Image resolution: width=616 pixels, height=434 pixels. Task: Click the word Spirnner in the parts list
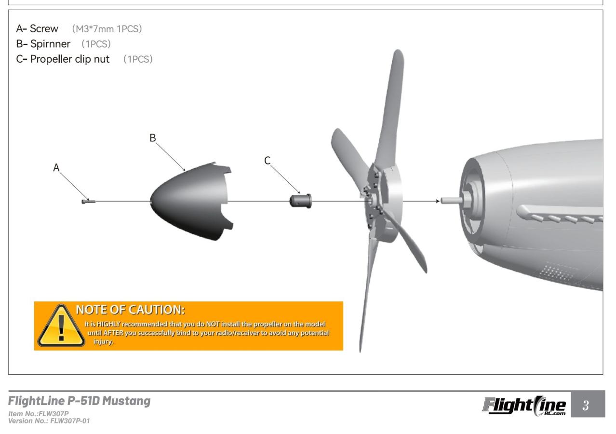51,44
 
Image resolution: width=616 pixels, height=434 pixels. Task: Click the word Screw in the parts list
44,29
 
